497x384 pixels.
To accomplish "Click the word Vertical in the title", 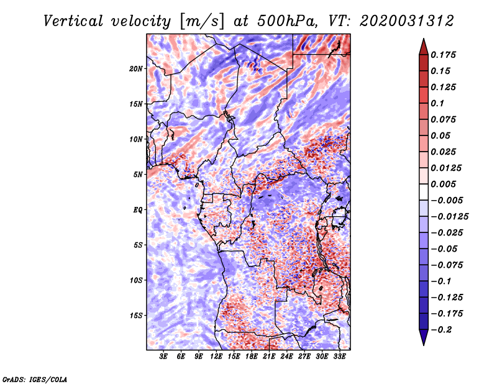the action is (73, 21).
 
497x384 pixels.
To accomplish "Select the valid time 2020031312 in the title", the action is (407, 21).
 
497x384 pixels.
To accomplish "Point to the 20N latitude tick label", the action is (136, 69).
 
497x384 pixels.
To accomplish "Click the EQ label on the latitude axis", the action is (138, 210).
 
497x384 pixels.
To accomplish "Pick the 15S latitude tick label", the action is (136, 316).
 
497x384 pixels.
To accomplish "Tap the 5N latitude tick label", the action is (138, 175).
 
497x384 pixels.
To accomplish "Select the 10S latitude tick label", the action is (136, 280).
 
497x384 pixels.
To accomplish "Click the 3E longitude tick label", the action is (163, 357).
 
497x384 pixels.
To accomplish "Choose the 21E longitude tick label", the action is (269, 357).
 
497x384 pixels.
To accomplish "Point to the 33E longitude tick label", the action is (339, 357).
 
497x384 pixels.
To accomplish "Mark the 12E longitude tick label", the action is (216, 357).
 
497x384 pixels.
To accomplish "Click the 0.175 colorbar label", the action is (443, 55).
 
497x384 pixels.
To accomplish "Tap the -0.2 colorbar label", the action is (441, 330).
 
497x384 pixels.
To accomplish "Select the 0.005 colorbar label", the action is (443, 184).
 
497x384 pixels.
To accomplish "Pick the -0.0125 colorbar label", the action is (449, 217).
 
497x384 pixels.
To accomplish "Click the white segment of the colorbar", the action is (424, 192).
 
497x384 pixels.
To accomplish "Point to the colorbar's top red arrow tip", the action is (424, 39).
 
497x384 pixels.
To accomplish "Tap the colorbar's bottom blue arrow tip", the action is (424, 345).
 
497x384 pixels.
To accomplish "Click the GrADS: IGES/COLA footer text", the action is (35, 379).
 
